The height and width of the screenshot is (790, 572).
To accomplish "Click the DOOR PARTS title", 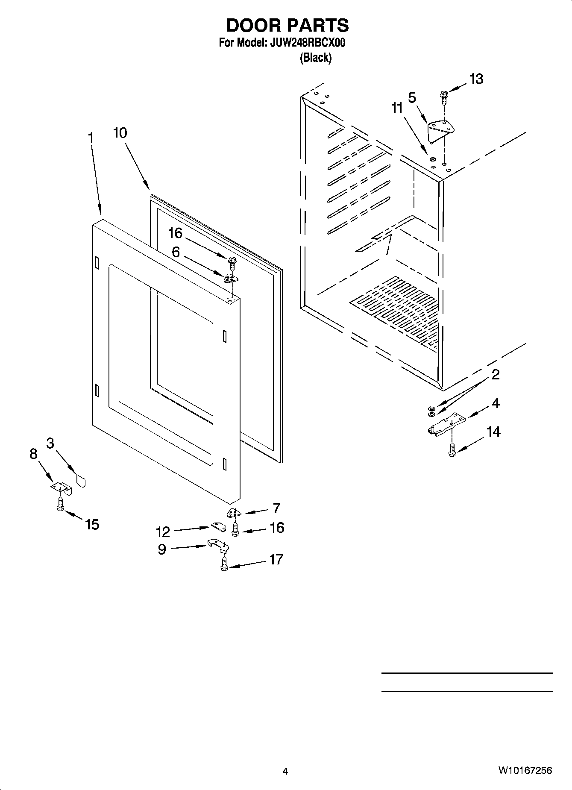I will click(287, 26).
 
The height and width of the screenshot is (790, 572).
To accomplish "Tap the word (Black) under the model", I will click(315, 58).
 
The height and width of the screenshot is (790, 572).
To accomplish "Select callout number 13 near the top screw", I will click(476, 79).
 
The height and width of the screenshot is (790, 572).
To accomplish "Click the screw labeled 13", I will click(443, 96).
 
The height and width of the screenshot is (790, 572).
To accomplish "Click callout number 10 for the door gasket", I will click(120, 133).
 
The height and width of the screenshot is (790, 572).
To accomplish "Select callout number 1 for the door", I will click(91, 138).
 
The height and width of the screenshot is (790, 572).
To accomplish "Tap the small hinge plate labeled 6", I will click(231, 278).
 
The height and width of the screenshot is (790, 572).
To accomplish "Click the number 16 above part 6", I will click(175, 233).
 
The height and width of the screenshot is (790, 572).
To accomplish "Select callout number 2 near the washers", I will click(496, 375).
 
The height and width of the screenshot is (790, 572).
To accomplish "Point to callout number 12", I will click(163, 532).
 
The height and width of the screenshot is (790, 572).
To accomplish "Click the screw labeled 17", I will click(223, 563).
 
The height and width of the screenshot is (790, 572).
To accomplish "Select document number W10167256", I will click(525, 770).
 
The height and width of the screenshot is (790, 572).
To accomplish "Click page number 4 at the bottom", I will click(285, 771).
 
